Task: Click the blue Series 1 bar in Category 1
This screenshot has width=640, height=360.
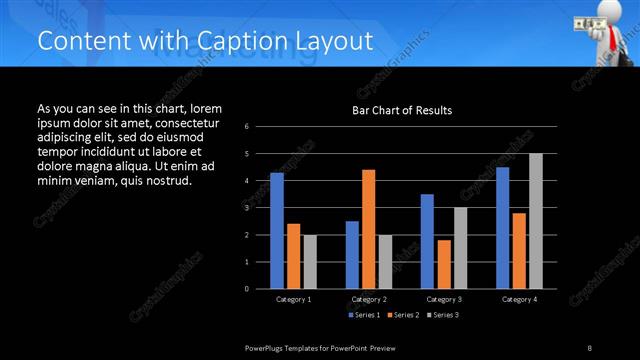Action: pyautogui.click(x=276, y=231)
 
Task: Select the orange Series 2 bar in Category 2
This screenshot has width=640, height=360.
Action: pyautogui.click(x=368, y=229)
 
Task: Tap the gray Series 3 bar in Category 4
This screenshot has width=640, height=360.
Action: pyautogui.click(x=535, y=221)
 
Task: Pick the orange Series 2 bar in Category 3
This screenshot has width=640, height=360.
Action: pyautogui.click(x=444, y=264)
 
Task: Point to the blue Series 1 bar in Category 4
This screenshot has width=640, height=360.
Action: pyautogui.click(x=502, y=228)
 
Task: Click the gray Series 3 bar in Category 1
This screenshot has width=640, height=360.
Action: pyautogui.click(x=309, y=262)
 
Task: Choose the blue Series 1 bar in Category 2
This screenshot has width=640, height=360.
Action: pyautogui.click(x=352, y=255)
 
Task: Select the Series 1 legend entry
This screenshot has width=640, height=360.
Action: pyautogui.click(x=364, y=315)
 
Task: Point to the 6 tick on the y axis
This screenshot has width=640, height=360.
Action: pyautogui.click(x=247, y=127)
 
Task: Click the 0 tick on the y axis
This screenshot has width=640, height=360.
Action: pyautogui.click(x=247, y=289)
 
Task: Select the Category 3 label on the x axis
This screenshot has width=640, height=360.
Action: pyautogui.click(x=443, y=299)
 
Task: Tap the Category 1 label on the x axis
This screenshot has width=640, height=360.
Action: pyautogui.click(x=293, y=299)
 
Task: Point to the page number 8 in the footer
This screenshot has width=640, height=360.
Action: pyautogui.click(x=590, y=346)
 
